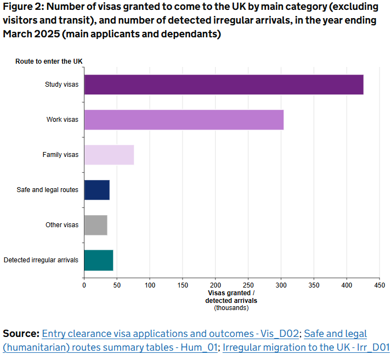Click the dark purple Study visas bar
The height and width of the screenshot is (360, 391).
point(224,85)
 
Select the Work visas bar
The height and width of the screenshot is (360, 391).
point(184,120)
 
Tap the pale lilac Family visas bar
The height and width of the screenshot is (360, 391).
point(109,155)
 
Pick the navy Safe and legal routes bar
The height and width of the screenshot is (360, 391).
point(97,190)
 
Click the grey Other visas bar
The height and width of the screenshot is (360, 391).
point(95,225)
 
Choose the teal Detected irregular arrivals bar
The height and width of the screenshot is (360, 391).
point(98,260)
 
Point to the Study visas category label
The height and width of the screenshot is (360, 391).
point(61,85)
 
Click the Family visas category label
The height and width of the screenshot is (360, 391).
point(60,155)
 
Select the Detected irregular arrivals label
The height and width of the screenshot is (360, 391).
point(41,260)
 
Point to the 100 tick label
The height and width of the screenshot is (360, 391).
point(150,285)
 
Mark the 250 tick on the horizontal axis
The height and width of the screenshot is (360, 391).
point(248,285)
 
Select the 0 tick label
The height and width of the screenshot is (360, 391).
point(84,285)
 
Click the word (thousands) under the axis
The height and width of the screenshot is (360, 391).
point(231,308)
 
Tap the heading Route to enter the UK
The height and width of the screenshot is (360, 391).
point(49,61)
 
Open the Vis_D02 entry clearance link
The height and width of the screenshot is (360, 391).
point(170,334)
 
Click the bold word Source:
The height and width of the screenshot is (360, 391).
point(21,334)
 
